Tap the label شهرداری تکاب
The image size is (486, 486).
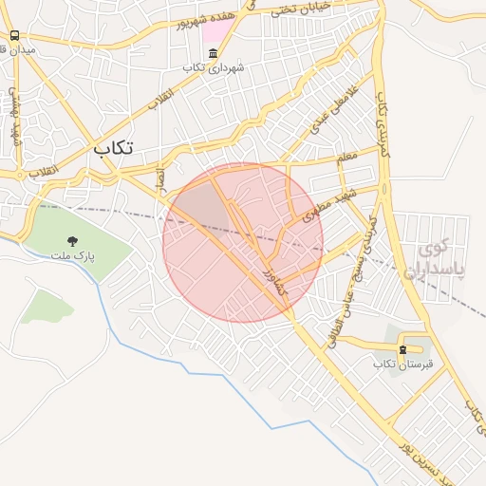214,67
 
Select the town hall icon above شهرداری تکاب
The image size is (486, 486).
213,53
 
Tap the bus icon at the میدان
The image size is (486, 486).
14,35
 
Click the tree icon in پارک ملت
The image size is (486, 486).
72,242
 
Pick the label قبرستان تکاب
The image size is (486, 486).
402,364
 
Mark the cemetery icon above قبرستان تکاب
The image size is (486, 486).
402,349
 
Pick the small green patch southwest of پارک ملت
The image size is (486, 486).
46,306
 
